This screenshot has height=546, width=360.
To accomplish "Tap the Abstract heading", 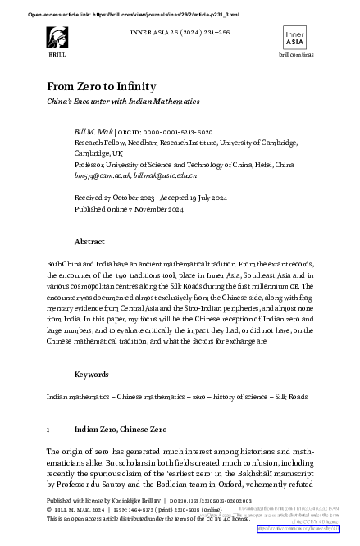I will click(89, 243).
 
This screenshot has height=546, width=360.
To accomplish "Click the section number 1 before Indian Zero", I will click(48, 429).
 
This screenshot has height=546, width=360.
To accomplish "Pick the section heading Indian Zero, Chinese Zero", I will click(120, 429).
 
